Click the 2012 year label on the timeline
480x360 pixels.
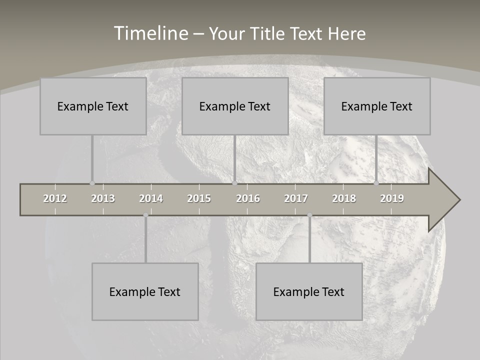point(55,198)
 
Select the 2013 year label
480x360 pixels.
point(103,198)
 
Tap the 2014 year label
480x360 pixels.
point(151,198)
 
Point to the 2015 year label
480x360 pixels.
point(199,198)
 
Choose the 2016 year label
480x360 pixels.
point(248,198)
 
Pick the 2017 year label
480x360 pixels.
point(296,198)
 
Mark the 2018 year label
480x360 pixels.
point(344,198)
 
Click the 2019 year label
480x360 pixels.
point(392,198)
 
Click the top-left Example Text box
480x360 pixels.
point(93,106)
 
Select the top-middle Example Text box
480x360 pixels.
point(235,106)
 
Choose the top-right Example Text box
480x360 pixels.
point(377,106)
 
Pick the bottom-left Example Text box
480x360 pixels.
point(145,291)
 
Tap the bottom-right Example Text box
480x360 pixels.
point(309,291)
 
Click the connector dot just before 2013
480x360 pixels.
point(92,183)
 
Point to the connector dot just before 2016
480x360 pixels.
point(234,183)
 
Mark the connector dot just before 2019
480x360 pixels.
point(376,183)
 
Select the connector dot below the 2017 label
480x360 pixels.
point(309,215)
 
